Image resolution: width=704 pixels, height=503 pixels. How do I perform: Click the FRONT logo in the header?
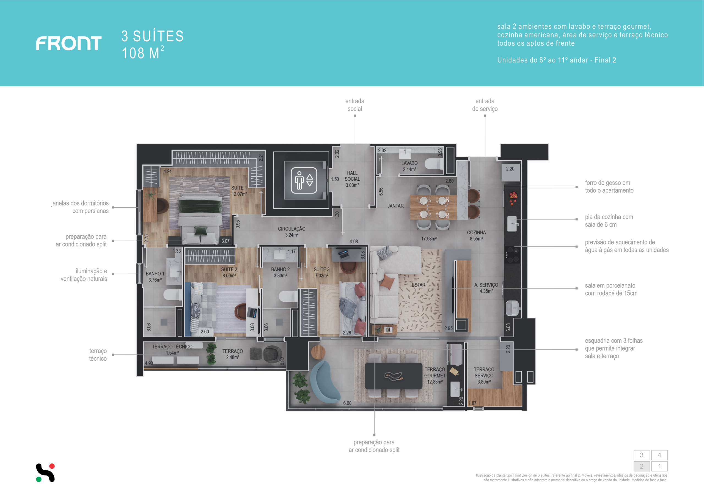[69, 43]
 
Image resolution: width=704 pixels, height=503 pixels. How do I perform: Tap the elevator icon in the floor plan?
[304, 180]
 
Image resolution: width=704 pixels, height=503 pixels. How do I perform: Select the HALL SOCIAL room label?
[352, 176]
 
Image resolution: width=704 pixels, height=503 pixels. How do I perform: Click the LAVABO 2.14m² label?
[409, 166]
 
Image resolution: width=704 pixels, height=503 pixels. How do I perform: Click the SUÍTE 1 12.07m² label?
[239, 191]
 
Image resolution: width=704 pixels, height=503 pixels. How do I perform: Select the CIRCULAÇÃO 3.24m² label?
[291, 232]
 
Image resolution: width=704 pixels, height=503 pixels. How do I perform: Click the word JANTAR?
[395, 206]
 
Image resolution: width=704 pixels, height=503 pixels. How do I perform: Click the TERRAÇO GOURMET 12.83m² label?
[435, 375]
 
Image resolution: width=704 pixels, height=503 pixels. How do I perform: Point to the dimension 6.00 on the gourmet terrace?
[347, 403]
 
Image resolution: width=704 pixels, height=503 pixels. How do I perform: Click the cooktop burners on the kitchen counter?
[512, 255]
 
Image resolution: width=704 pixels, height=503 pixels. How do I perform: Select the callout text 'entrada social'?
[355, 105]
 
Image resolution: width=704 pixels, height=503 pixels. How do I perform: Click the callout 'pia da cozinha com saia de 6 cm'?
[609, 221]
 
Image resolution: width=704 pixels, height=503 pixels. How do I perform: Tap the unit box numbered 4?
[659, 455]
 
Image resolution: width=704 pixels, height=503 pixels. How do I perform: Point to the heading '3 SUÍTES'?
[152, 36]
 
